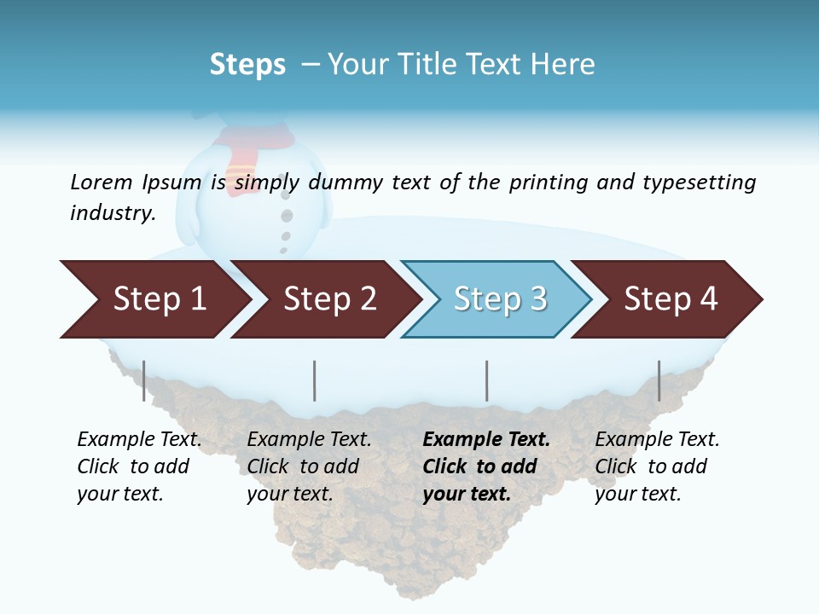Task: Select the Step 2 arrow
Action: [328, 299]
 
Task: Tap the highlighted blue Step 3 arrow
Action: [499, 299]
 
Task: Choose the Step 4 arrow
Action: [671, 299]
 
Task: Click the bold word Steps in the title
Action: [247, 65]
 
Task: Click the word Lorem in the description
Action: [102, 182]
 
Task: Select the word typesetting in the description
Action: [699, 182]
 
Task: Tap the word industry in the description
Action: [111, 212]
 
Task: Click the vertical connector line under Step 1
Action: [143, 380]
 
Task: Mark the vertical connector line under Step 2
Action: [315, 380]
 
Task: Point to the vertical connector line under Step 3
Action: [486, 380]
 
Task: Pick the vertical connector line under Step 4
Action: [659, 380]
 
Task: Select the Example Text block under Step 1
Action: [139, 466]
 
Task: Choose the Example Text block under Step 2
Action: [309, 466]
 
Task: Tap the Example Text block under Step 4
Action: [657, 466]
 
